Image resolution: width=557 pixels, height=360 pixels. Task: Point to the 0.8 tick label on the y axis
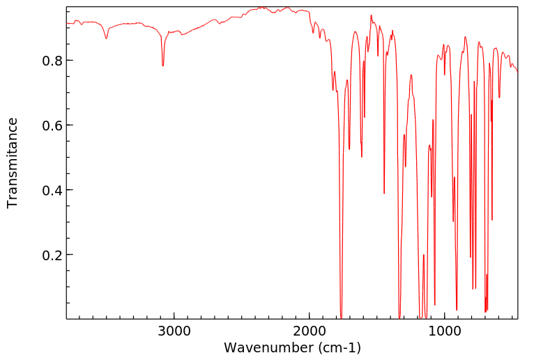point(54,61)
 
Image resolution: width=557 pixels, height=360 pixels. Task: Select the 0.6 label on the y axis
point(54,126)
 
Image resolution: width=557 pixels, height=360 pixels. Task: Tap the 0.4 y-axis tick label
point(54,190)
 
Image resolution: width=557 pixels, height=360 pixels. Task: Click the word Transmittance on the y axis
point(13,163)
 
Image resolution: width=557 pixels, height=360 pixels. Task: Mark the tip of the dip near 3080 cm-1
point(163,66)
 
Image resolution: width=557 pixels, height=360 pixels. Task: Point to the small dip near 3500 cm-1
point(106,38)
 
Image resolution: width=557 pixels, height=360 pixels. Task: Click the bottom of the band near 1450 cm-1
point(384,193)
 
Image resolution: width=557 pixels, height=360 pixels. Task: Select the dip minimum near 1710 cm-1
point(349,149)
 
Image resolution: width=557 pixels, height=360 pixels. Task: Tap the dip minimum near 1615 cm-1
point(362,156)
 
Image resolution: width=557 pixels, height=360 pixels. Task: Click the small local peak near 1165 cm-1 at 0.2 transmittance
point(423,255)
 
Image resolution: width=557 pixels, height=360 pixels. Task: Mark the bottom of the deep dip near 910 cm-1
point(457,310)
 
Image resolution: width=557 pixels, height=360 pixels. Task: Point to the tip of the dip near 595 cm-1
point(499,97)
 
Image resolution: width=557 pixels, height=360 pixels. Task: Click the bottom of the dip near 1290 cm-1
point(406,166)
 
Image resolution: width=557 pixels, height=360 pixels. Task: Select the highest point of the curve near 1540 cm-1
point(371,15)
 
